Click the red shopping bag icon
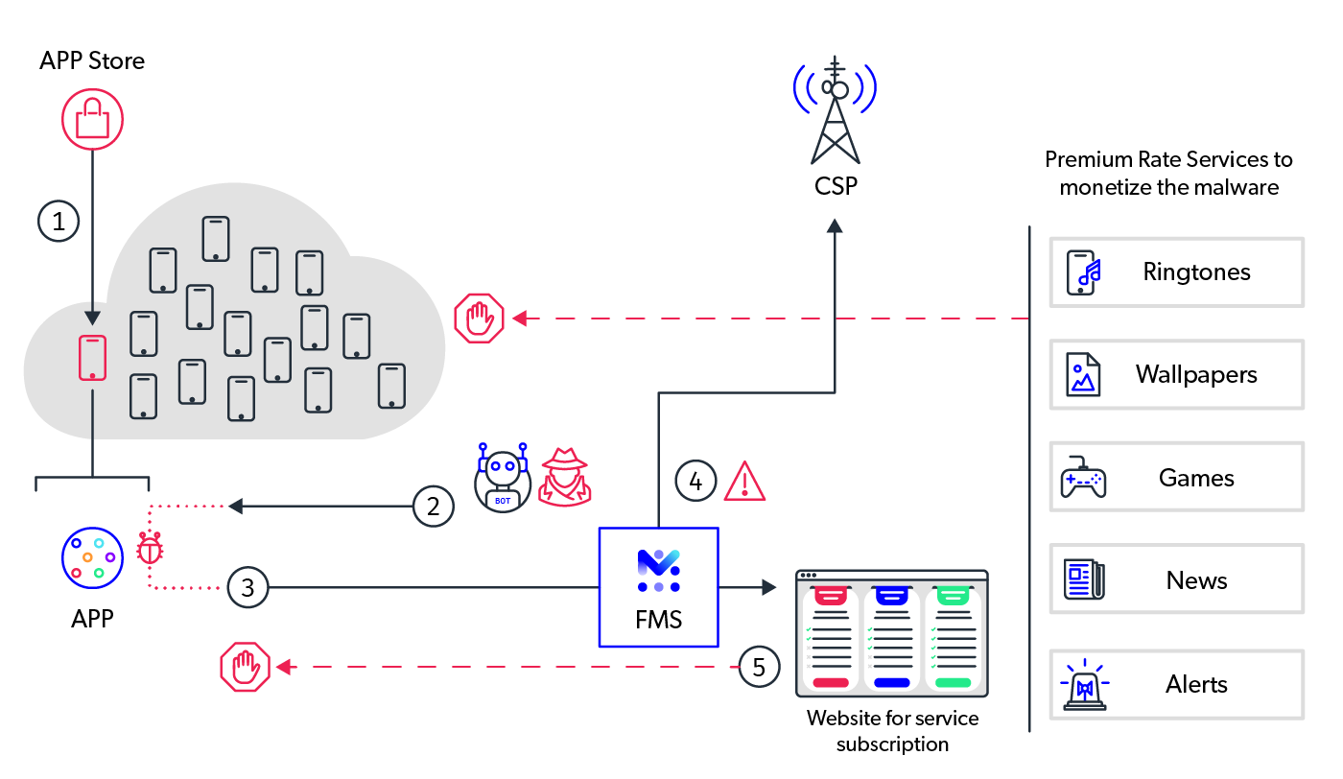93,119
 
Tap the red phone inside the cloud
92,358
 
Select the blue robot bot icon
503,478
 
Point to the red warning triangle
744,483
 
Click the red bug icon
150,548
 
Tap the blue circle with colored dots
93,557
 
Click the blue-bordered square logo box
658,586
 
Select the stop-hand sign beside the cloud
479,318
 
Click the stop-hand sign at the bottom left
246,667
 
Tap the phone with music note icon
1083,272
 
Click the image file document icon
1083,374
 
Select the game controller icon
1083,478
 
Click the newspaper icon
1084,579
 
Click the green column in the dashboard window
953,638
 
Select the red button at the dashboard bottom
831,682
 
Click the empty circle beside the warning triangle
695,481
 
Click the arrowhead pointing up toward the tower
835,225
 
